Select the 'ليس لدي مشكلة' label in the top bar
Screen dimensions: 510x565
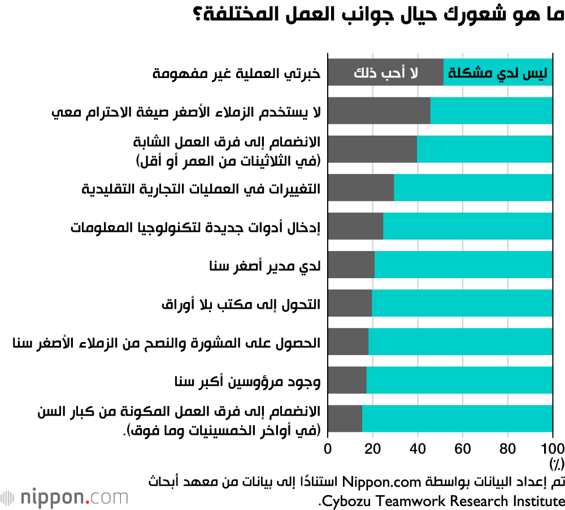(x=497, y=72)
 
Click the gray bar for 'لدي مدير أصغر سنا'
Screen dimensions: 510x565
(x=351, y=265)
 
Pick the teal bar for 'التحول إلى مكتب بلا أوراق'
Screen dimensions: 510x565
(x=462, y=303)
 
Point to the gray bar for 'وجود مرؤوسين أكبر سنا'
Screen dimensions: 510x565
(x=347, y=380)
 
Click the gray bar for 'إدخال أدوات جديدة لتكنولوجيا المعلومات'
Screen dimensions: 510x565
(x=355, y=226)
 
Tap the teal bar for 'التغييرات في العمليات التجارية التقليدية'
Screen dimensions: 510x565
(x=473, y=188)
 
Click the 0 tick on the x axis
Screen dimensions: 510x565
(x=328, y=448)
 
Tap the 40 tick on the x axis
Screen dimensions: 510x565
(x=418, y=448)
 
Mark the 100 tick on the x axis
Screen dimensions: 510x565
(x=553, y=448)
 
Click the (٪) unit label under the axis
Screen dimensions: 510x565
(x=556, y=464)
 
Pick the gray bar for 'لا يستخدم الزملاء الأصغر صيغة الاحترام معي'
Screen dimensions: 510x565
(x=379, y=111)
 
